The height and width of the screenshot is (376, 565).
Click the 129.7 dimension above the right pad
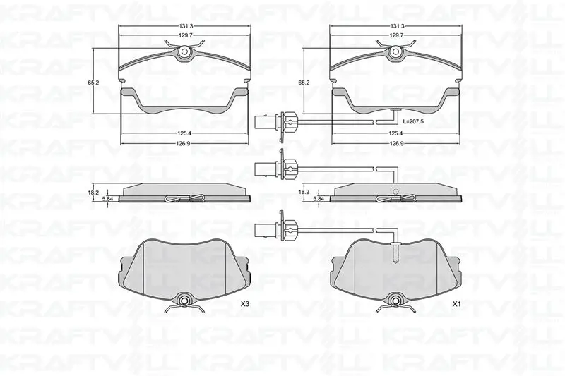[x=396, y=35]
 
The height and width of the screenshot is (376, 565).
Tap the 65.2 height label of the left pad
[x=93, y=83]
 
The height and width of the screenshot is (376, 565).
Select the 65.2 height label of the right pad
[x=304, y=83]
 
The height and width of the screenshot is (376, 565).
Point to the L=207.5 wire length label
[x=413, y=121]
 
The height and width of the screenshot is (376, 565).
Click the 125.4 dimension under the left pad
[x=184, y=133]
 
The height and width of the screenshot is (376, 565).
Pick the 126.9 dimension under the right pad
[x=396, y=143]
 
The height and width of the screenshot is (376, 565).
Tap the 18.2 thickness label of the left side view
[x=93, y=193]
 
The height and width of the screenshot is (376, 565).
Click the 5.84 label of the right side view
[x=319, y=198]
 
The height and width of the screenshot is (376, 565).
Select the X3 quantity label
[x=245, y=304]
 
